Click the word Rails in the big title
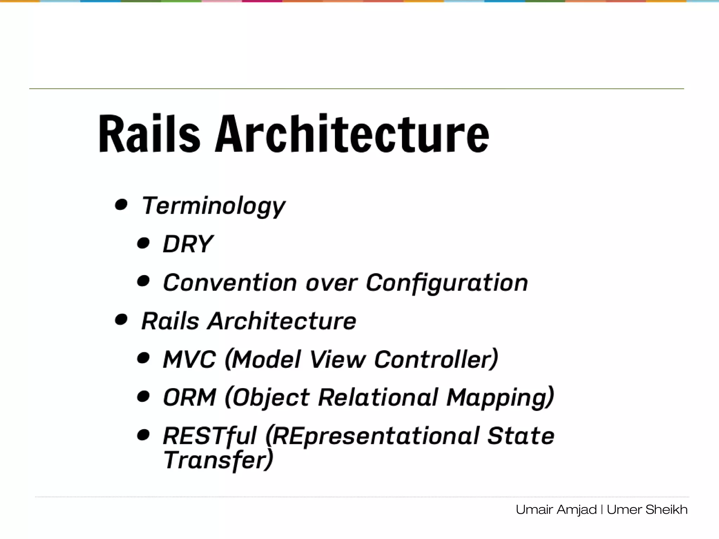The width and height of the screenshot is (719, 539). [149, 134]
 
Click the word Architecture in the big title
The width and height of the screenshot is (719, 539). [352, 134]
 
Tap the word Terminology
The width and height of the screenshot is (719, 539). [213, 206]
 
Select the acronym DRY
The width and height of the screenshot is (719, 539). [188, 244]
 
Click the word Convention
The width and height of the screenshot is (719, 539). [230, 283]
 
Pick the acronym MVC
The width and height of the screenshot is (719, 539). [189, 360]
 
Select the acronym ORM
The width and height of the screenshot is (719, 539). [189, 398]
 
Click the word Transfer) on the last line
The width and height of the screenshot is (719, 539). [218, 460]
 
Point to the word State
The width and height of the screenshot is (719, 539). [521, 436]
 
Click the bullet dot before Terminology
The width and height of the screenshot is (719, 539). [121, 204]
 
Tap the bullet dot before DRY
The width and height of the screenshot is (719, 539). [143, 243]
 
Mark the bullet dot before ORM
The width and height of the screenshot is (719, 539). [143, 397]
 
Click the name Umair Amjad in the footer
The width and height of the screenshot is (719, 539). [556, 510]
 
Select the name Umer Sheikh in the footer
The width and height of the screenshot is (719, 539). [647, 510]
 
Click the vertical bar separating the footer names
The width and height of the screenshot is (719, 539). [602, 510]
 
